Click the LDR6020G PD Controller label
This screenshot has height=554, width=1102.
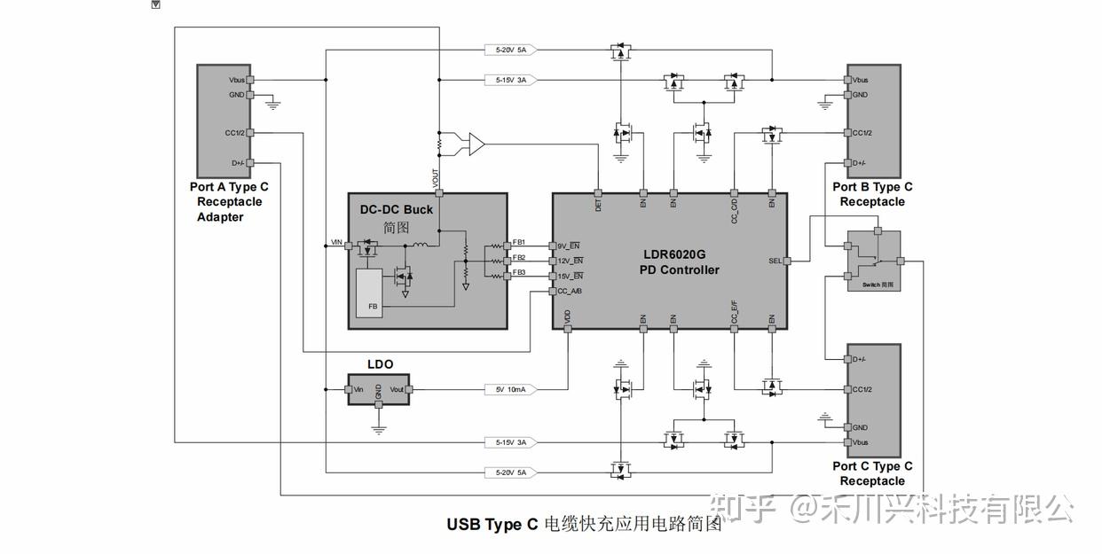[680, 261]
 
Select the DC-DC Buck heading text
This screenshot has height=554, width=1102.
[397, 210]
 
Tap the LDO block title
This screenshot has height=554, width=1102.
[380, 364]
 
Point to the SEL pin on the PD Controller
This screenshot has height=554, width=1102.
[775, 261]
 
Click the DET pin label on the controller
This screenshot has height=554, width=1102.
[598, 204]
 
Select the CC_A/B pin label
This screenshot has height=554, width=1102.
[570, 291]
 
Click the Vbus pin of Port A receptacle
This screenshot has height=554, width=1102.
[238, 80]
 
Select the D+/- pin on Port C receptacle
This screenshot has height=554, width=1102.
[858, 359]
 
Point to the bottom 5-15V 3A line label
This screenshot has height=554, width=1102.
[511, 441]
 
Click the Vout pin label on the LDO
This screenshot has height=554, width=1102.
[397, 389]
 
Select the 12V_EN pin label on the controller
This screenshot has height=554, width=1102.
[569, 261]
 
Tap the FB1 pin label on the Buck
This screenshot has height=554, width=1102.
[518, 242]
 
